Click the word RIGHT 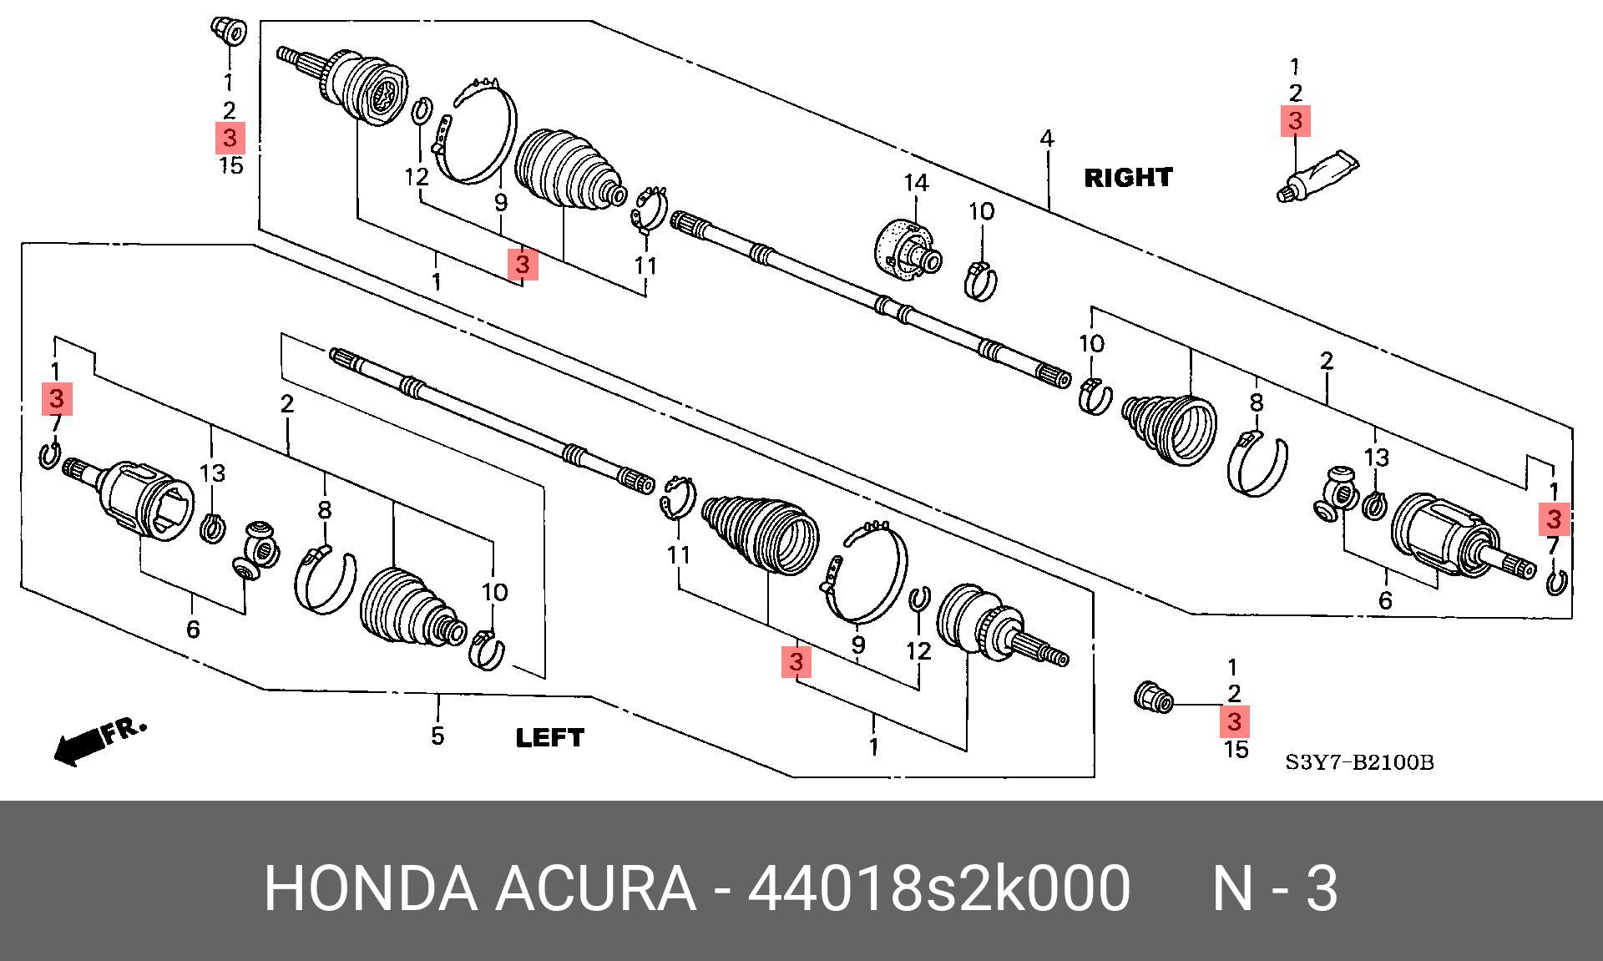pyautogui.click(x=1128, y=178)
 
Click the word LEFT pyautogui.click(x=550, y=738)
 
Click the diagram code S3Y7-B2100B pyautogui.click(x=1358, y=762)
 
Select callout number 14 pyautogui.click(x=916, y=183)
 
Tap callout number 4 pyautogui.click(x=1047, y=139)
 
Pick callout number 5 pyautogui.click(x=437, y=736)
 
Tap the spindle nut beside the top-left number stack pyautogui.click(x=226, y=32)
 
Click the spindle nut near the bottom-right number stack pyautogui.click(x=1153, y=697)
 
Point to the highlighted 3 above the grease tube pyautogui.click(x=1295, y=121)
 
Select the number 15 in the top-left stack pyautogui.click(x=231, y=165)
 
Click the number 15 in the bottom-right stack pyautogui.click(x=1236, y=749)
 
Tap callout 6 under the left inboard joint pyautogui.click(x=193, y=629)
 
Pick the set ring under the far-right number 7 pyautogui.click(x=1555, y=582)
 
